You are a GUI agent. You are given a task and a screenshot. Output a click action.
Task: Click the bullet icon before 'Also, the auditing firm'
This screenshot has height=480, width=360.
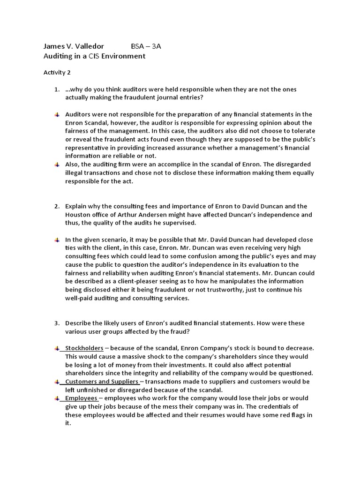(x=56, y=165)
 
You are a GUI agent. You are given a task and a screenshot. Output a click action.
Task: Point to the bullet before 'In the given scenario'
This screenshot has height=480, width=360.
(x=56, y=240)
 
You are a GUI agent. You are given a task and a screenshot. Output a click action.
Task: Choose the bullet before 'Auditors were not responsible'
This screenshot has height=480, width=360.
(x=56, y=114)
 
